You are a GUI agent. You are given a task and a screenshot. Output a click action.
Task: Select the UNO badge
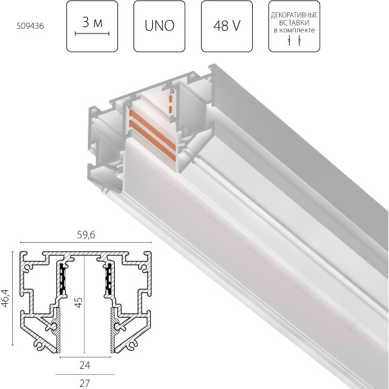(159, 28)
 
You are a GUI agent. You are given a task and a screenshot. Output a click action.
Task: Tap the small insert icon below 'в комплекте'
(294, 42)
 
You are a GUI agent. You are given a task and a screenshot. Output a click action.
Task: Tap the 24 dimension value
(84, 366)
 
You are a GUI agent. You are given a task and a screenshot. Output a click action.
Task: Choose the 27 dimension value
(84, 384)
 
